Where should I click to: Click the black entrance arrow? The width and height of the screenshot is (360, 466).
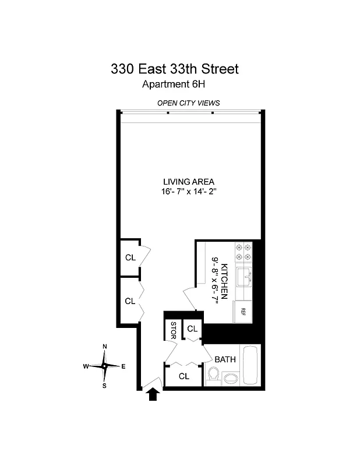tap(153, 395)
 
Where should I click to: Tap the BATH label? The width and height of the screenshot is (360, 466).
tap(225, 359)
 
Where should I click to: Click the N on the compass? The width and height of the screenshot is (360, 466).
tap(105, 347)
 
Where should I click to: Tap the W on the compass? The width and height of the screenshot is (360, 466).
tap(86, 366)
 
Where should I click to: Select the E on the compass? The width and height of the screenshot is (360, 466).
tap(123, 366)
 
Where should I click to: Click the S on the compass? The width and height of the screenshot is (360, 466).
tap(105, 386)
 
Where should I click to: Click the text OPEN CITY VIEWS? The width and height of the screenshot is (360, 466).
tap(188, 103)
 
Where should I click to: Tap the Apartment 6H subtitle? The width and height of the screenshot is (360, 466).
tap(174, 84)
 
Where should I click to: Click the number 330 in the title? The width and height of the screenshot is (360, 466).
tap(123, 69)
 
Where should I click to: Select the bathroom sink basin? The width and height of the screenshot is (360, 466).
tap(230, 379)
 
